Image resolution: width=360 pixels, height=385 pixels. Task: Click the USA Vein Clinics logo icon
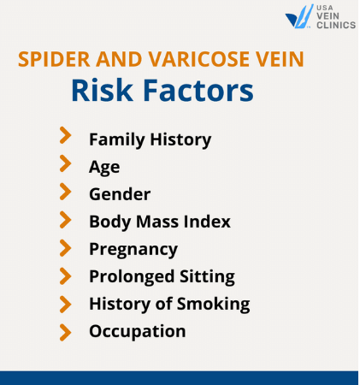[x=300, y=17]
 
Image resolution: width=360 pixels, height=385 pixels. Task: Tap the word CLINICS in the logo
[x=336, y=25]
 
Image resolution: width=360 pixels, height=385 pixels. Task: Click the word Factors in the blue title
[x=198, y=90]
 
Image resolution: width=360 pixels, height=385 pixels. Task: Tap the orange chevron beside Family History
[x=65, y=136]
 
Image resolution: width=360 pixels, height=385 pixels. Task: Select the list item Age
[x=104, y=168]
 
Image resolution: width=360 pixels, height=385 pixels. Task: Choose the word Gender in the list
[x=120, y=195]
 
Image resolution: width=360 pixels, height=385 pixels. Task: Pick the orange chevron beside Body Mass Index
[x=65, y=220]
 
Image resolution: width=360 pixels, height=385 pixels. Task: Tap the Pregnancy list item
[x=133, y=250]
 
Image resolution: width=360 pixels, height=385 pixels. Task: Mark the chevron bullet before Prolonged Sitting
[x=65, y=275]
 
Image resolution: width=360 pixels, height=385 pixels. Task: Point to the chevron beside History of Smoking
[x=65, y=303]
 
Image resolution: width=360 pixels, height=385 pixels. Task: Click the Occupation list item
[x=137, y=331]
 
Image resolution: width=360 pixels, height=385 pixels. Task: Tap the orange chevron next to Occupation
[x=65, y=330]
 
